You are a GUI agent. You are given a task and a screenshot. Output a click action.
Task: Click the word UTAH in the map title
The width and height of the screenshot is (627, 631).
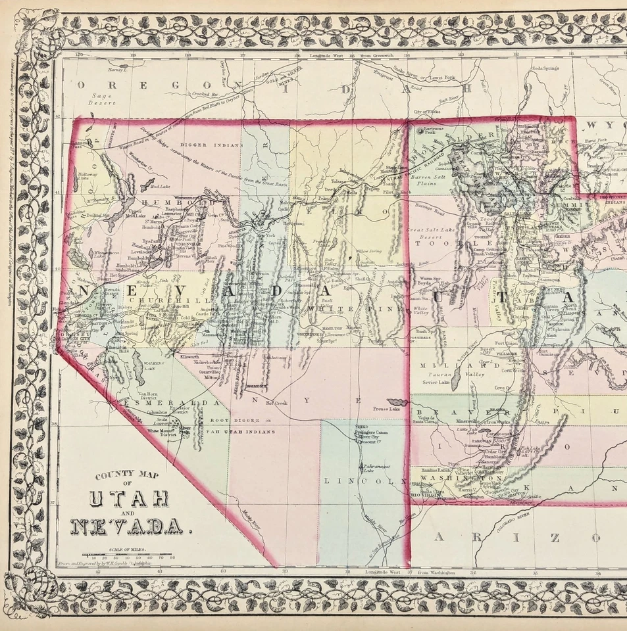point(128,499)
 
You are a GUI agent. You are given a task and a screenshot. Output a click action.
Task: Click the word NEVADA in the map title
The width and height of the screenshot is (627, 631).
point(126,526)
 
